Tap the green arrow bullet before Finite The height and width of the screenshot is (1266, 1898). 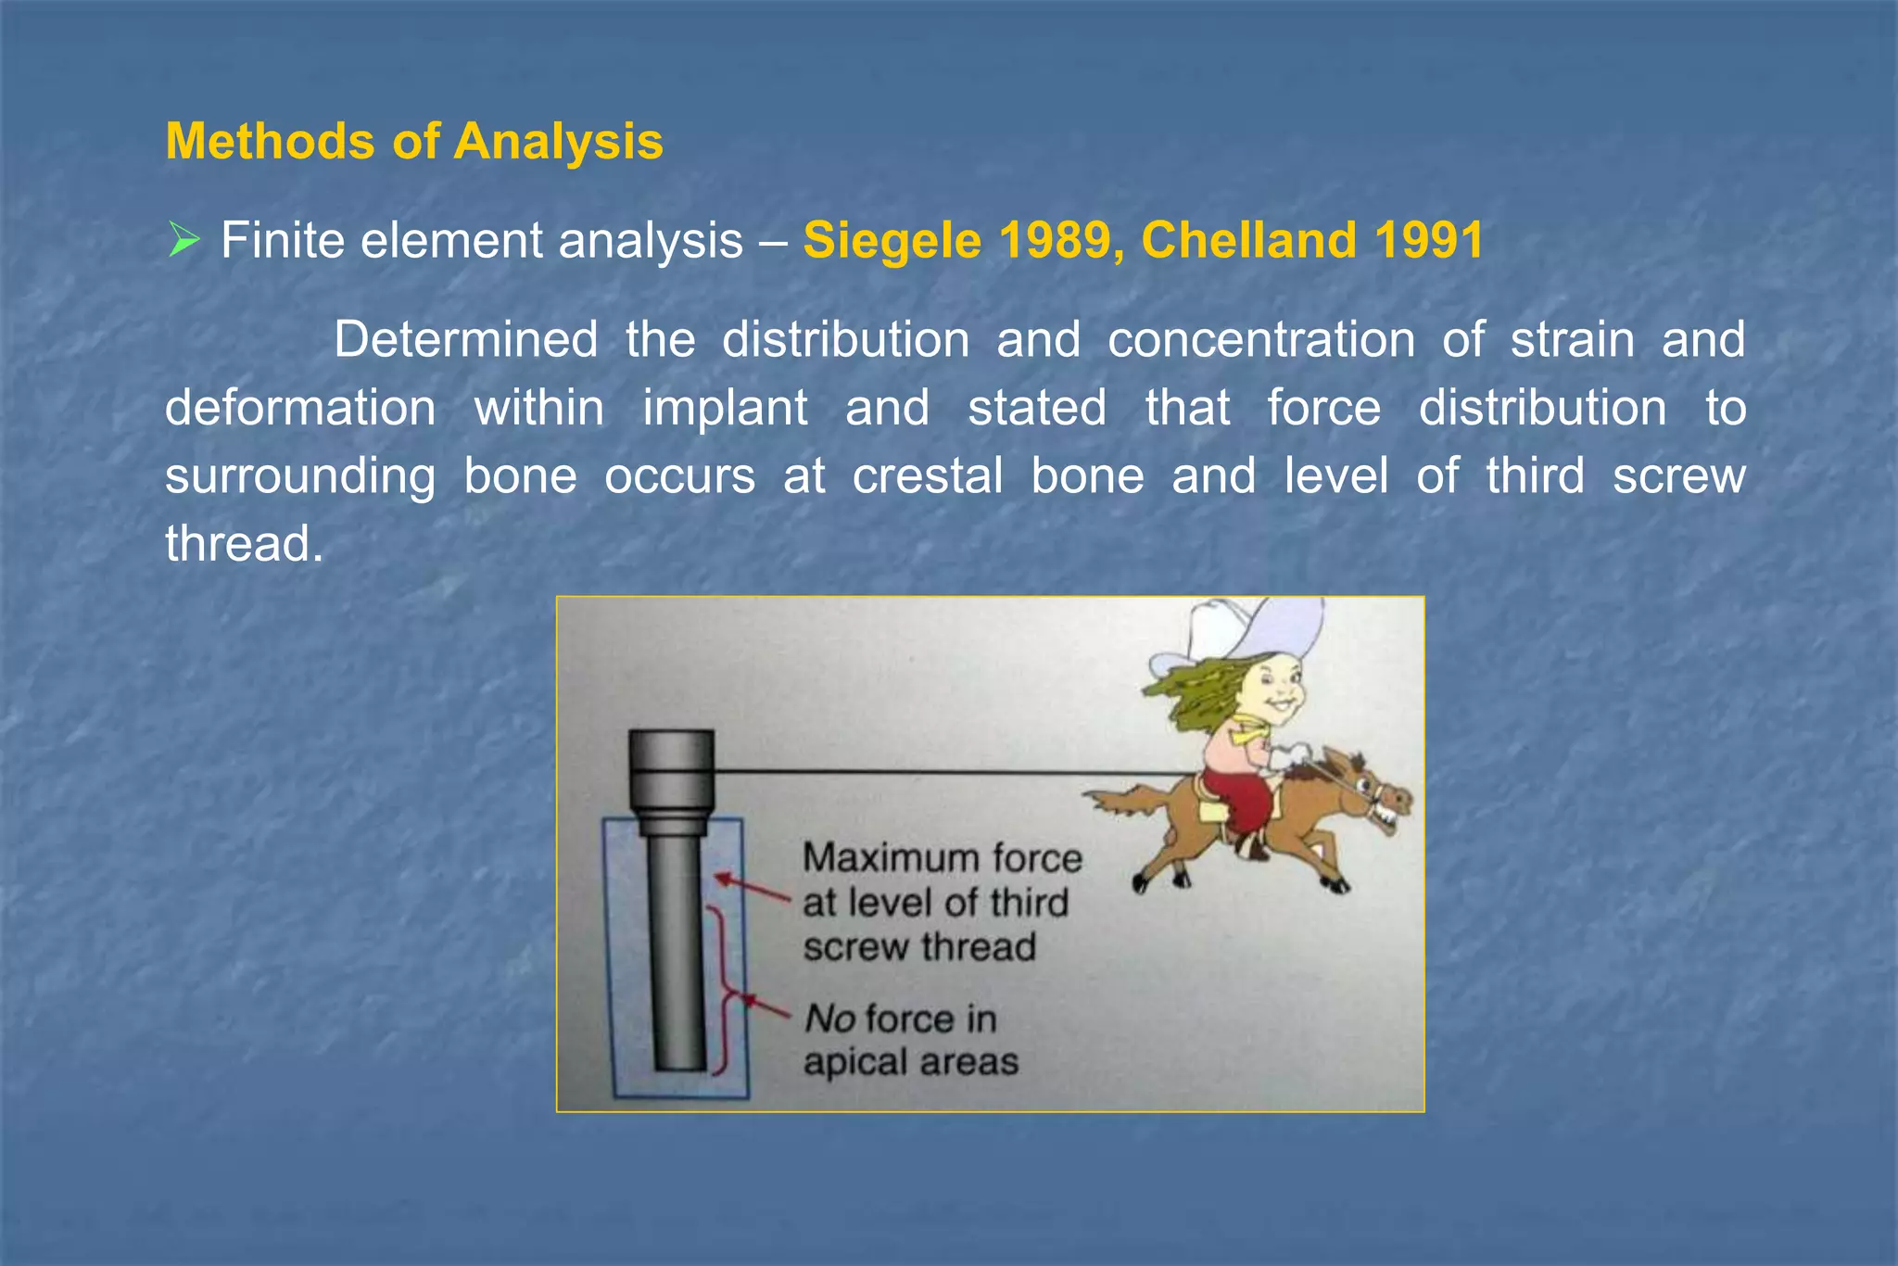(184, 241)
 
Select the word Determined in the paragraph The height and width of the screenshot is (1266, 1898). (465, 340)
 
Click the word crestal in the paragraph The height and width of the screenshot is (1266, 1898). (927, 476)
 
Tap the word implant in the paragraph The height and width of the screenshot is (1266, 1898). (725, 409)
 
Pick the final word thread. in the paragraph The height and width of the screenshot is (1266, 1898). (244, 544)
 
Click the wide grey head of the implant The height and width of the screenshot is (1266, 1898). (671, 769)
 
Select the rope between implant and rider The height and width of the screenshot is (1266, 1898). (955, 771)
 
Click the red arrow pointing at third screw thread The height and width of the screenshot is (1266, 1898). (751, 887)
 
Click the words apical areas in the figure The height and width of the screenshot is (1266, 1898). (910, 1062)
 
